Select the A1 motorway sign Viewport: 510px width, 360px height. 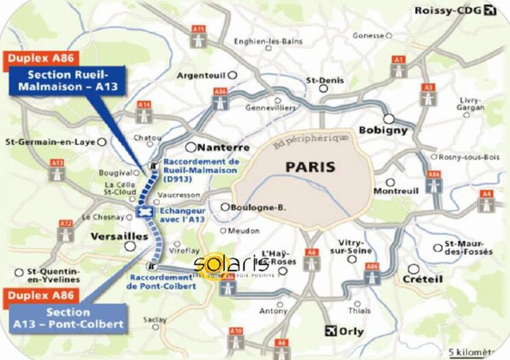click(x=399, y=66)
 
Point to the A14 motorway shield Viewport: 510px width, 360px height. click(x=145, y=111)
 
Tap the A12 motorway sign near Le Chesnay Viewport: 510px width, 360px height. click(x=66, y=231)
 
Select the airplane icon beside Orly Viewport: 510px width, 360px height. click(x=330, y=330)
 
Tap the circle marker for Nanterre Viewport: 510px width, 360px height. click(x=190, y=147)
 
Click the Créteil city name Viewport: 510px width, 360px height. click(x=423, y=279)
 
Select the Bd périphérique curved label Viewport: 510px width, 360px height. click(x=310, y=140)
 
